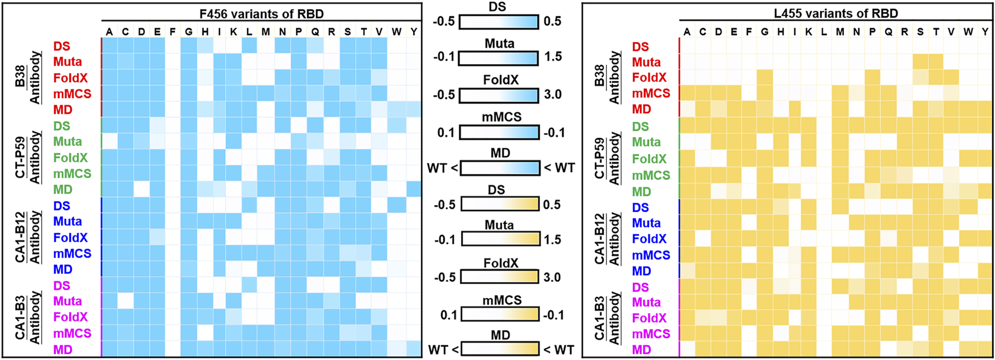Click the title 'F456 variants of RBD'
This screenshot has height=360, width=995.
pos(261,13)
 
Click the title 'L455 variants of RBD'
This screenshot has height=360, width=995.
pos(836,13)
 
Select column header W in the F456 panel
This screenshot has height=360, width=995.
pos(396,31)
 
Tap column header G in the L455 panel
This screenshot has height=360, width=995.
pos(765,32)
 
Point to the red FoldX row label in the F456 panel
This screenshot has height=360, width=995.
pos(70,78)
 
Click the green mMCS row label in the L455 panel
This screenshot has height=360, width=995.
pos(651,175)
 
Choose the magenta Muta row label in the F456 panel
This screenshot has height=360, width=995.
pos(67,301)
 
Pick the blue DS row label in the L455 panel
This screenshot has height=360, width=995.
pos(640,207)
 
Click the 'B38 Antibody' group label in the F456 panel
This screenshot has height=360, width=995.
pos(28,78)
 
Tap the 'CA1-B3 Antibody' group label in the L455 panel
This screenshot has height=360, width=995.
pos(607,318)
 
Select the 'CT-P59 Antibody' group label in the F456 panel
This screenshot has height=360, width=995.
pos(28,157)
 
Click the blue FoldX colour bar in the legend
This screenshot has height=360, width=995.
pos(499,95)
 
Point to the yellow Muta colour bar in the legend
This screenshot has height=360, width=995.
pos(500,239)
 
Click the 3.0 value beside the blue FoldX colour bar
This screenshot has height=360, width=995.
pos(553,94)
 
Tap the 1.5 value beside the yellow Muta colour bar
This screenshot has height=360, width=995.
pos(553,239)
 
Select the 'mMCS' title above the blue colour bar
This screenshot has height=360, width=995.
pos(501,117)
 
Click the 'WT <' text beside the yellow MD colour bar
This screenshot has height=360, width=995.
pos(443,350)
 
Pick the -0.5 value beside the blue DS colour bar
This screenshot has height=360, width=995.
pos(444,21)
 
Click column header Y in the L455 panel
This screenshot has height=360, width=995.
pos(985,32)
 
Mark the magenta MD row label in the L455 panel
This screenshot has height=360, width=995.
pos(641,349)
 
